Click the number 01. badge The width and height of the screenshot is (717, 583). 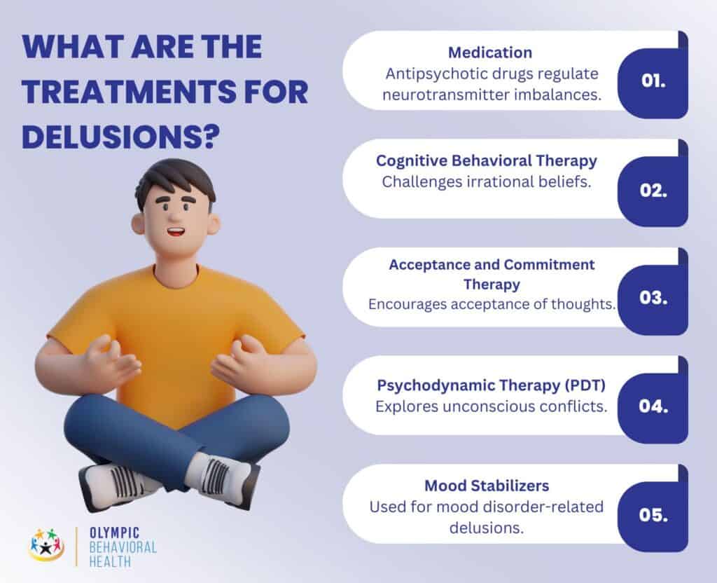(653, 81)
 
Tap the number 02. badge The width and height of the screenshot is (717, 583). (653, 189)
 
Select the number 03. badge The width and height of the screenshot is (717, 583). (653, 297)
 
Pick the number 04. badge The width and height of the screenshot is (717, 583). (653, 406)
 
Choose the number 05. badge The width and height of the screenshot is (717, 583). (653, 514)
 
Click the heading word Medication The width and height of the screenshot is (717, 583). (490, 53)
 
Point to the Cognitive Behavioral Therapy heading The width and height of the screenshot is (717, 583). (487, 160)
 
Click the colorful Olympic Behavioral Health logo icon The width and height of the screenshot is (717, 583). (48, 544)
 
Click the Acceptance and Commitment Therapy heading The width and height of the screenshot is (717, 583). (492, 274)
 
